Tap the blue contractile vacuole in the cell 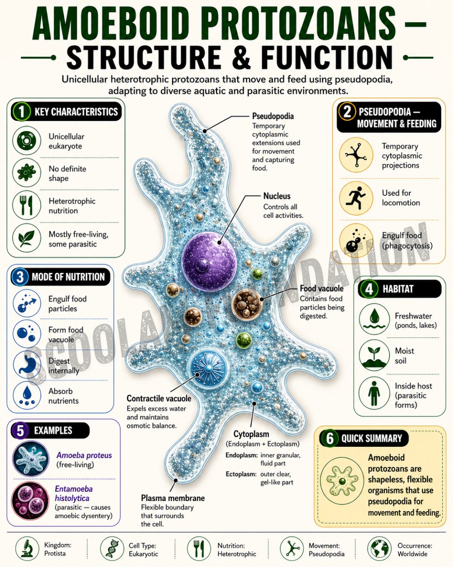pos(208,368)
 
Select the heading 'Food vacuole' pos(322,288)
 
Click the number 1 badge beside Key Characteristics pos(21,111)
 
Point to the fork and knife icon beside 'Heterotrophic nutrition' pos(26,205)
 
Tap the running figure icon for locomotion pos(356,197)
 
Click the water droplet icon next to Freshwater pos(374,319)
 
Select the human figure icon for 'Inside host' pos(374,393)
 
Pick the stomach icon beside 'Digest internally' pos(26,365)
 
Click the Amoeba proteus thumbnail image pos(31,459)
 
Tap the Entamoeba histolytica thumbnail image pos(30,501)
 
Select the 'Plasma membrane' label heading pos(173,498)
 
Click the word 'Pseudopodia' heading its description pos(273,116)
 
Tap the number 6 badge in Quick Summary pos(330,438)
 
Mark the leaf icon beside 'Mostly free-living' pos(26,238)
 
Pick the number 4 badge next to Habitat pos(369,289)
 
